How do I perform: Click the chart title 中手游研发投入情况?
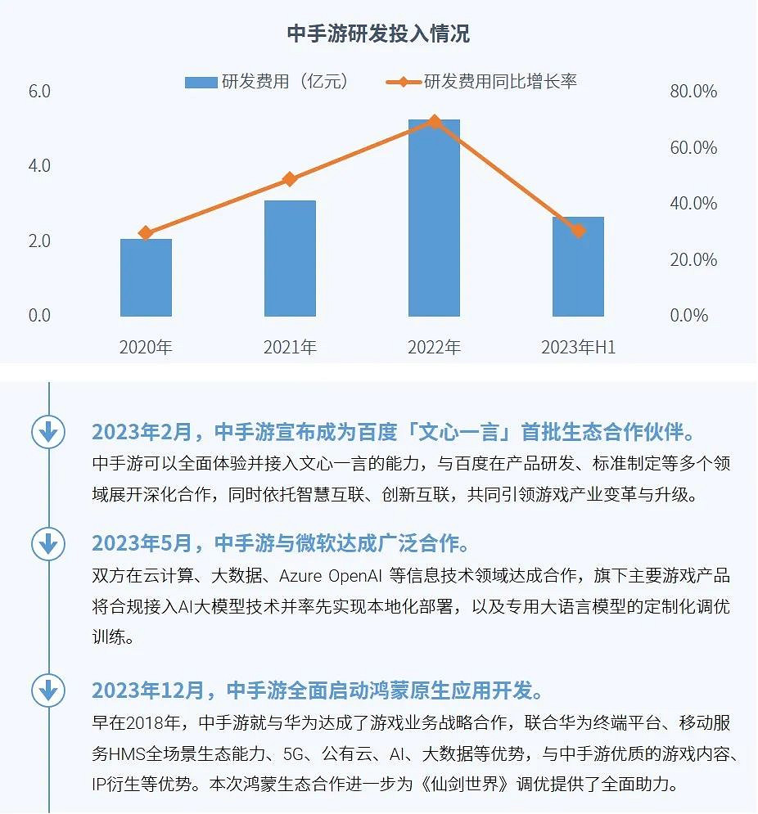click(378, 34)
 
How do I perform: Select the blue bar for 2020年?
click(146, 277)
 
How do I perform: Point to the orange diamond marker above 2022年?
click(434, 122)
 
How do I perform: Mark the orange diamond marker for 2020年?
click(146, 233)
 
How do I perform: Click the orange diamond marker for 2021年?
click(290, 179)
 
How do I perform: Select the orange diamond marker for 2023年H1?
click(578, 231)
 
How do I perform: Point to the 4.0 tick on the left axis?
click(39, 166)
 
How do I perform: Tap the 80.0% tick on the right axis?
click(693, 92)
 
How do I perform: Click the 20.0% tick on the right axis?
click(693, 260)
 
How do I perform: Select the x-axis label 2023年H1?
click(578, 347)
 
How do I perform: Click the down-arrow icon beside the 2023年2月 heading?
click(47, 431)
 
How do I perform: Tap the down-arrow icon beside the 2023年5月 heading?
click(47, 542)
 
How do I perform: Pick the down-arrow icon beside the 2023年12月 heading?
click(47, 690)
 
